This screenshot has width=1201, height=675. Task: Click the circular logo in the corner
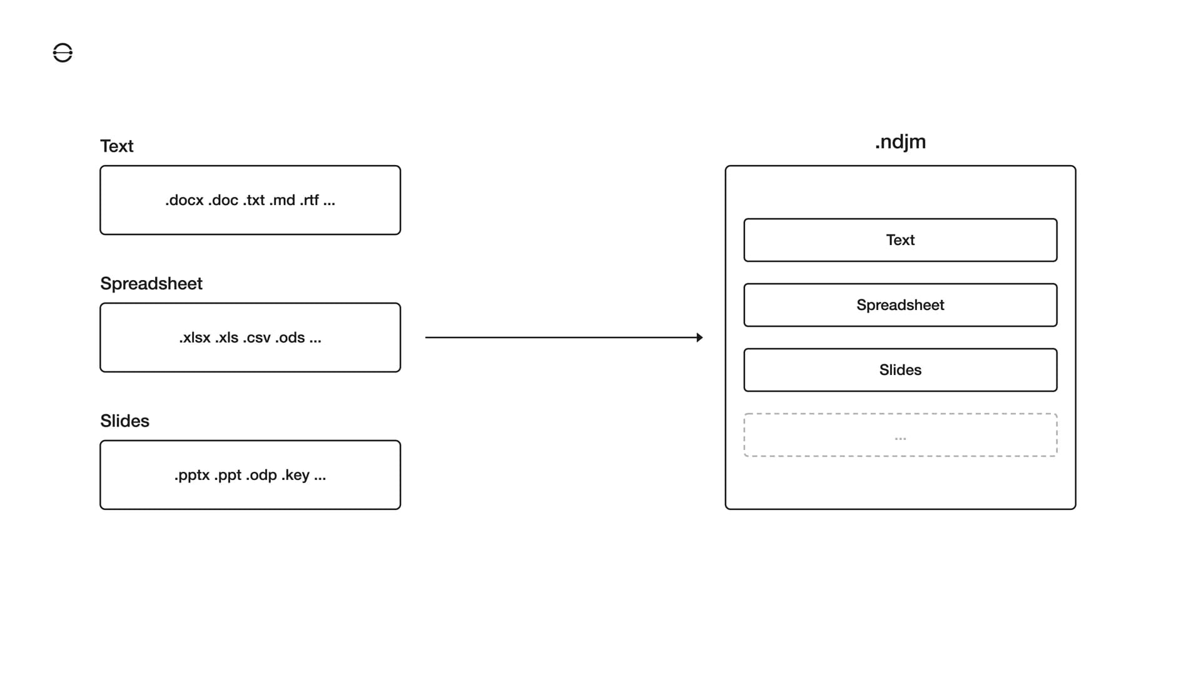tap(63, 53)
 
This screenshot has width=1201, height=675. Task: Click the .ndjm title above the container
tap(900, 142)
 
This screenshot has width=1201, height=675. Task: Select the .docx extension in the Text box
tap(185, 201)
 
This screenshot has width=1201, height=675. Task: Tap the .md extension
tap(282, 201)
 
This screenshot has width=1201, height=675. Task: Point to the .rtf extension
tap(309, 201)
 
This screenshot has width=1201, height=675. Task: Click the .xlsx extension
tap(195, 338)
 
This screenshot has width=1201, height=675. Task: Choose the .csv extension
tap(256, 338)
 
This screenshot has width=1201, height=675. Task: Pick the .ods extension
tap(290, 338)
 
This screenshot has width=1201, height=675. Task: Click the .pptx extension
tap(192, 476)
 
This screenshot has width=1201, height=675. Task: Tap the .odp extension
tap(261, 476)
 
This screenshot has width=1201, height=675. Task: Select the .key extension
tap(295, 476)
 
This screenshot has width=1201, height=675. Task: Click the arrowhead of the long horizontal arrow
tap(699, 337)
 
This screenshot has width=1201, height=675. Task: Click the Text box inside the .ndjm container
tap(900, 240)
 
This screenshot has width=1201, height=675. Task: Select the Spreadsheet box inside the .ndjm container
tap(900, 305)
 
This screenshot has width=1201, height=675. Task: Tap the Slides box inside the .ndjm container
tap(900, 370)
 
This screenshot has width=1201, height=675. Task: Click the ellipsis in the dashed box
tap(900, 438)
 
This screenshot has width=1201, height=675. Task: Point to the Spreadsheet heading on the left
tap(151, 284)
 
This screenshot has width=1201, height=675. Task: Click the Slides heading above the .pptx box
tap(124, 421)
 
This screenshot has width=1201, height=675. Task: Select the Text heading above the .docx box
tap(117, 146)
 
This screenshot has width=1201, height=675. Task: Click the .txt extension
tap(254, 201)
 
